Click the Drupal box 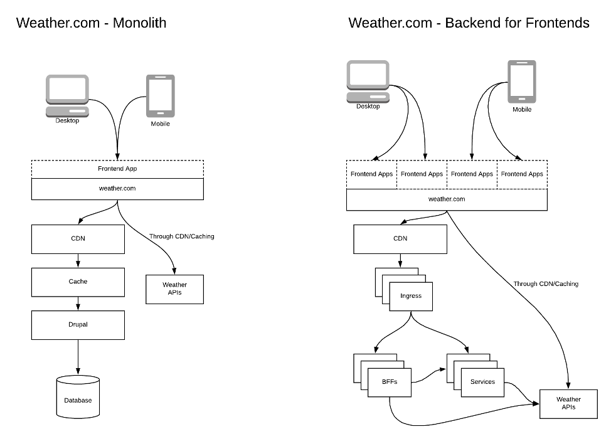(x=78, y=325)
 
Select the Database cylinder (x=78, y=398)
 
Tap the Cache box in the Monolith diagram (x=78, y=282)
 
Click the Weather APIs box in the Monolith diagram (x=174, y=289)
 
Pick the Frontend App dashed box (x=117, y=169)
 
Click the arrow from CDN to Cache (x=78, y=260)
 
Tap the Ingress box (x=411, y=295)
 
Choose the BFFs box (x=390, y=382)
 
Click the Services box (x=482, y=382)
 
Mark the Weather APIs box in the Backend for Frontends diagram (x=568, y=403)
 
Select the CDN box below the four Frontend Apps (x=400, y=238)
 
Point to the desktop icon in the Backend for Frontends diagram (x=368, y=81)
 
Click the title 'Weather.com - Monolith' (x=92, y=23)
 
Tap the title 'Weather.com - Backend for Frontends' (x=469, y=23)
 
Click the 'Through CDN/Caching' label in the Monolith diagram (x=181, y=236)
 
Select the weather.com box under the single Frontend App (x=117, y=189)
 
